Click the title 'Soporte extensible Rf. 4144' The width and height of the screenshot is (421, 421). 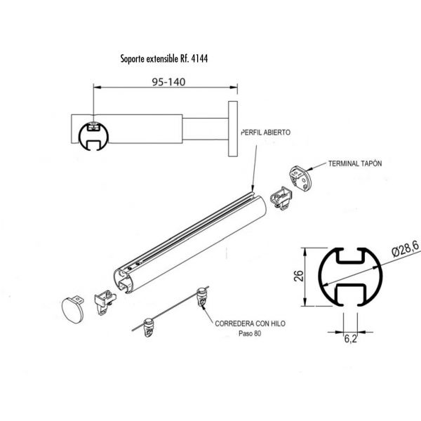point(164,58)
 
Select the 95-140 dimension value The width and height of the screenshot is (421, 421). point(168,82)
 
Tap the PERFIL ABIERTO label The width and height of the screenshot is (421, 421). point(266,133)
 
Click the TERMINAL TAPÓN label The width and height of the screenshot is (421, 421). point(355,163)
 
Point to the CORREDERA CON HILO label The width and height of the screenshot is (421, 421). point(250,323)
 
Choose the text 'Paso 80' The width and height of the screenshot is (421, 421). point(250,334)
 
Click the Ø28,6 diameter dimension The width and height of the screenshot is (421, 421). point(406,249)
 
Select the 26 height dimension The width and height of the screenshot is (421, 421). point(299,276)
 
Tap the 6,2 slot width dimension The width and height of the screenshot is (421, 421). point(350,339)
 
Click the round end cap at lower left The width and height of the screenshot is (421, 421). point(72,310)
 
